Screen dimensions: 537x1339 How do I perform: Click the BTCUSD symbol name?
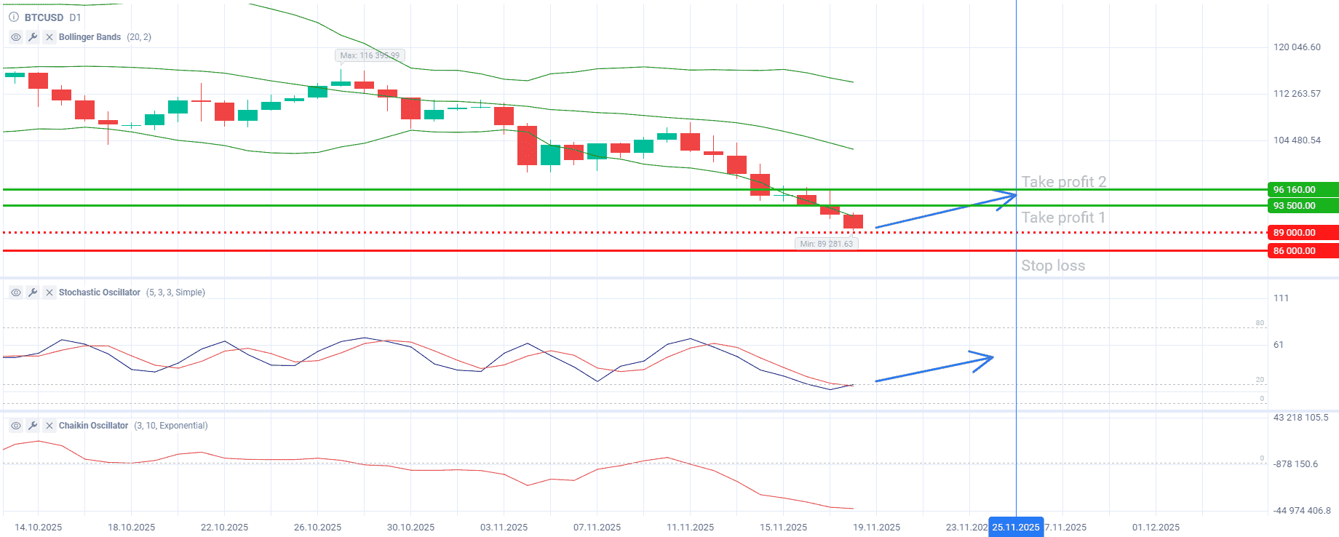coord(44,17)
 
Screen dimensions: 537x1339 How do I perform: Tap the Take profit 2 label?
coord(1063,182)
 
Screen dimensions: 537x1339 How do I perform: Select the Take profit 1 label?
coord(1062,218)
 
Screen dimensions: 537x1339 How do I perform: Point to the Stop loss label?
coord(1052,266)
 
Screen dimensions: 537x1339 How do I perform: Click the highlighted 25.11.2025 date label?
coord(1016,527)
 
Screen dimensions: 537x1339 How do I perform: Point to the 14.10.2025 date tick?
coord(39,527)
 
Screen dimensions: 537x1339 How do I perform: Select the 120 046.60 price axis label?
coord(1297,47)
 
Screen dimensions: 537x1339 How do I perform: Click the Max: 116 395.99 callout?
coord(370,55)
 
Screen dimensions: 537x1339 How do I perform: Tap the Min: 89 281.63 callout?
coord(826,244)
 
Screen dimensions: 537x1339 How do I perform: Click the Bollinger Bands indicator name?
coord(90,37)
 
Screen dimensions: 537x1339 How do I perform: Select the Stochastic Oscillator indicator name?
coord(99,293)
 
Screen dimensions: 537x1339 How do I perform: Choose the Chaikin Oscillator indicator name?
coord(93,426)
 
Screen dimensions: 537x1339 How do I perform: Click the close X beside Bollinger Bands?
coord(49,37)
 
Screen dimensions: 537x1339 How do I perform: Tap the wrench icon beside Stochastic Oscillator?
coord(33,293)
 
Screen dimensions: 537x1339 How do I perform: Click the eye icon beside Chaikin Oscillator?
coord(15,426)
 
